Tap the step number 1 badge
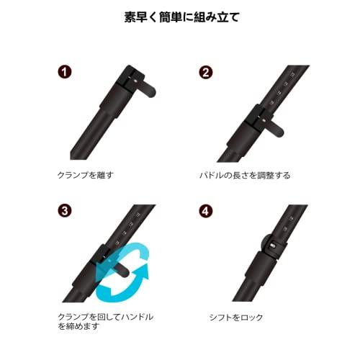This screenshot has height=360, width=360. tap(64, 72)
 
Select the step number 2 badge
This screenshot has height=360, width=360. tap(207, 72)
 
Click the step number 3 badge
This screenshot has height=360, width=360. tap(64, 212)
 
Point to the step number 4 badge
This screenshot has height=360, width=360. tap(207, 212)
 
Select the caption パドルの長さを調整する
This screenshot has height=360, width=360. tap(245, 175)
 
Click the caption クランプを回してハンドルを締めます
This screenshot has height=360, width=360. tap(104, 321)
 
